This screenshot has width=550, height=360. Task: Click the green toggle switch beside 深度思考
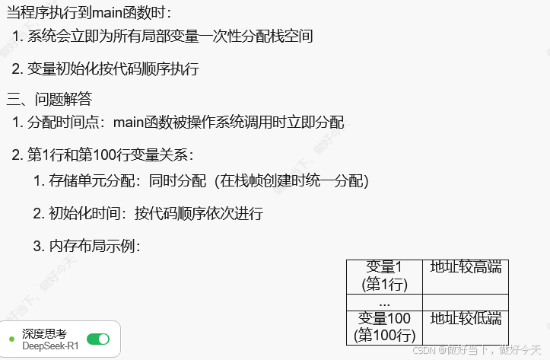pos(98,339)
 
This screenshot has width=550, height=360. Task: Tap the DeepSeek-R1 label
pos(50,346)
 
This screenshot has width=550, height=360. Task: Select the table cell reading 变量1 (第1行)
pos(384,276)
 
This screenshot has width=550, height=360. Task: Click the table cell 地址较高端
pos(466,267)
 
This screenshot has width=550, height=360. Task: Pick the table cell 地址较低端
pos(466,318)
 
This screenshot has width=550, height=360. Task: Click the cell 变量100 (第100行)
pos(384,326)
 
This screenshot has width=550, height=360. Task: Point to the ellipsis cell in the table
pos(384,301)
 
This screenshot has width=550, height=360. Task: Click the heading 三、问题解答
pos(49,98)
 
